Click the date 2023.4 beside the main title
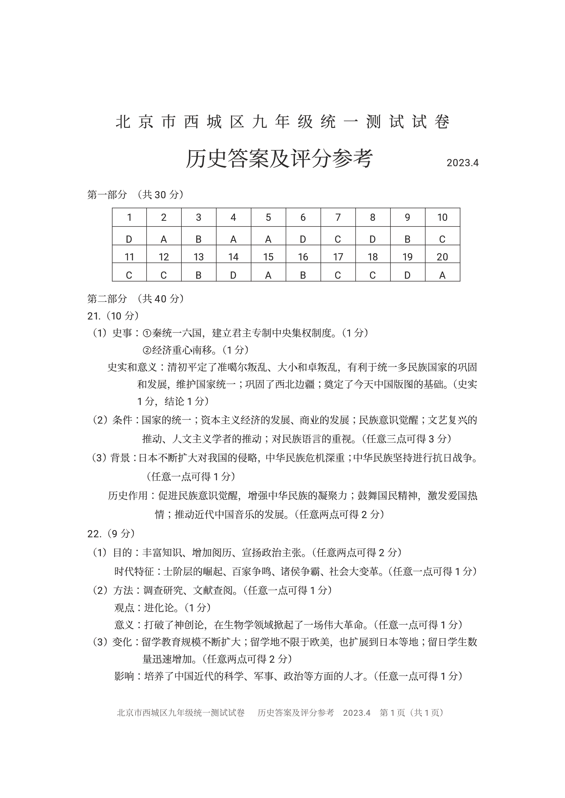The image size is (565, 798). click(x=462, y=163)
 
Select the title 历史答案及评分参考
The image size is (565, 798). click(x=279, y=159)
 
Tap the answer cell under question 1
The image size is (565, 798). click(x=129, y=239)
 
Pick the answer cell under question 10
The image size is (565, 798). click(x=442, y=239)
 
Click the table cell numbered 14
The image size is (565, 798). click(x=233, y=257)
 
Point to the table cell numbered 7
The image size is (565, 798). click(x=338, y=217)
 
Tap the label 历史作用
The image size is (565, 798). click(x=128, y=496)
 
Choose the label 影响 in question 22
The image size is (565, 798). click(x=124, y=676)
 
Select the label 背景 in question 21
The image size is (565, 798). click(x=120, y=458)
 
